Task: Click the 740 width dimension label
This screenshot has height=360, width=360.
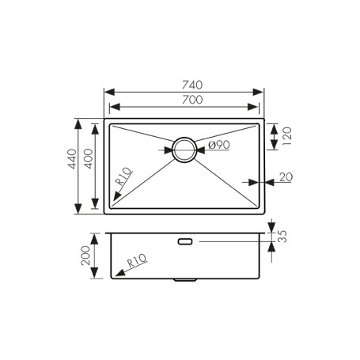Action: [192, 85]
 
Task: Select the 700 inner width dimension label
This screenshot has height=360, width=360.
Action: [192, 100]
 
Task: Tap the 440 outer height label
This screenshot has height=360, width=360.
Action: [72, 159]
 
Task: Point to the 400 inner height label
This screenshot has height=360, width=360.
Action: [88, 159]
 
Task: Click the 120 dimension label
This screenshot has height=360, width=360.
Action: [286, 136]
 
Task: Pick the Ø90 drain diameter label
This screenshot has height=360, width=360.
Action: [219, 145]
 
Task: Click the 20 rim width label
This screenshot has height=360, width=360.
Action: [286, 177]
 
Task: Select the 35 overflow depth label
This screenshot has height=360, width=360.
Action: [282, 237]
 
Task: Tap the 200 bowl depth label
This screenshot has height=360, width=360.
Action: [85, 256]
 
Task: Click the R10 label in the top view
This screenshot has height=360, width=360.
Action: [124, 176]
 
